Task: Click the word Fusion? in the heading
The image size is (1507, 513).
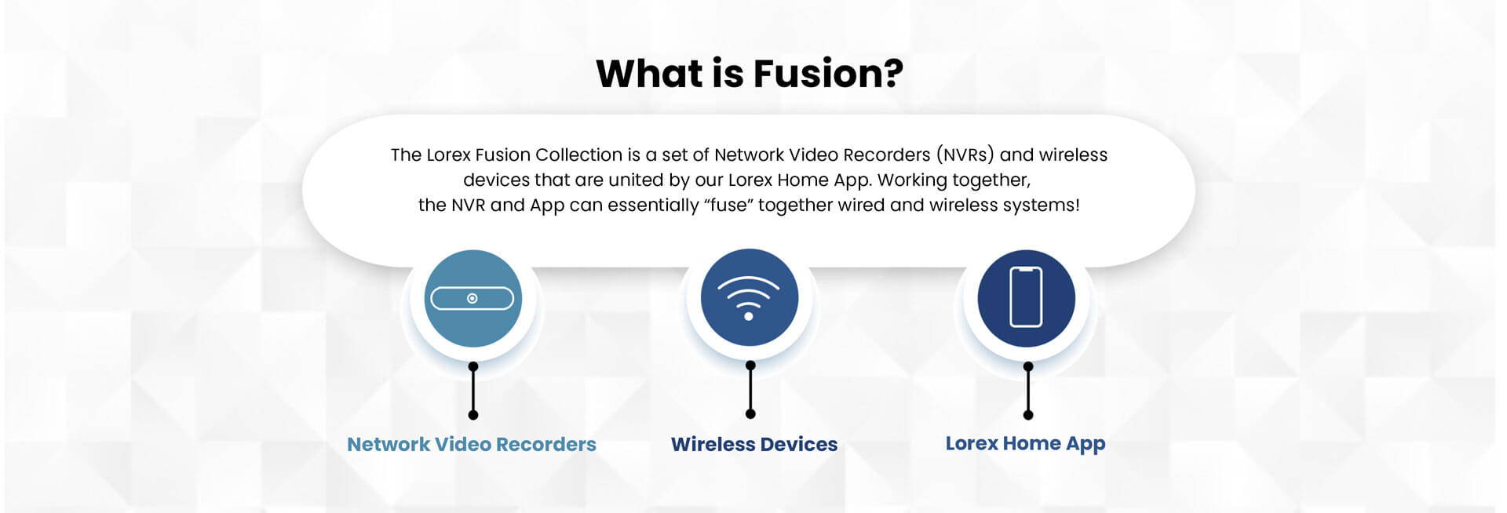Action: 828,73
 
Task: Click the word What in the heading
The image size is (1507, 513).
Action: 650,73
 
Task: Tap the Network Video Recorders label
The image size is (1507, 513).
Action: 472,444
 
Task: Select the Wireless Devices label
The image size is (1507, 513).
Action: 754,444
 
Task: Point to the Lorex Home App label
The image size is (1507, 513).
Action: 1025,444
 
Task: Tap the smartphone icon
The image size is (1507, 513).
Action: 1026,297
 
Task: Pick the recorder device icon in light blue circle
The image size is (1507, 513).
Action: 473,299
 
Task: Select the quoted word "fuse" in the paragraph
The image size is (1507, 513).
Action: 728,205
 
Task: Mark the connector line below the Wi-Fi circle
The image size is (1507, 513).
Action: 750,389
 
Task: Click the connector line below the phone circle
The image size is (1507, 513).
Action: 1028,391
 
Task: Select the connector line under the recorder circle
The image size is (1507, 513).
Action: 473,391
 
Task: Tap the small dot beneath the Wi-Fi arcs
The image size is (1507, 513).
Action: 749,316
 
